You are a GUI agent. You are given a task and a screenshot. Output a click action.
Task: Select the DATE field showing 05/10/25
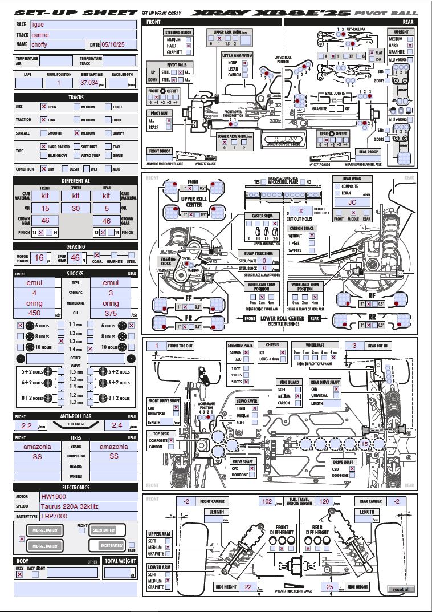[119, 44]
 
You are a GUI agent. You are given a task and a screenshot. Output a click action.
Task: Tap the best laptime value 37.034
[89, 83]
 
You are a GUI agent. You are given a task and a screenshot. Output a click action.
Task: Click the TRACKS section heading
[76, 97]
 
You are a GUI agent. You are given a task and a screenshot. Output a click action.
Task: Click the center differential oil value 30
[76, 209]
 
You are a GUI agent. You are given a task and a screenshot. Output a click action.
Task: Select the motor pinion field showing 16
[39, 258]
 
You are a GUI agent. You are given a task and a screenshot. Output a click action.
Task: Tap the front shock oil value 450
[34, 313]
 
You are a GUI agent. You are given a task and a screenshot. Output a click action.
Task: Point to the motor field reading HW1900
[88, 497]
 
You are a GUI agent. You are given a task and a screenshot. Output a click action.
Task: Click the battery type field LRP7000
[88, 516]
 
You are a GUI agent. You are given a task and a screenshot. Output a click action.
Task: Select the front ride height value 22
[248, 586]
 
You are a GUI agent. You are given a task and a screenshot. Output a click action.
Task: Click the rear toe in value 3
[354, 346]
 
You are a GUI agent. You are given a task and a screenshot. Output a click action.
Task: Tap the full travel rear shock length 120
[324, 502]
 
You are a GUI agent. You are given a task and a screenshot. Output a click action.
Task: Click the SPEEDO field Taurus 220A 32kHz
[88, 506]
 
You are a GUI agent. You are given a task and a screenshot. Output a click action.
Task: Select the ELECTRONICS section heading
[76, 488]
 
